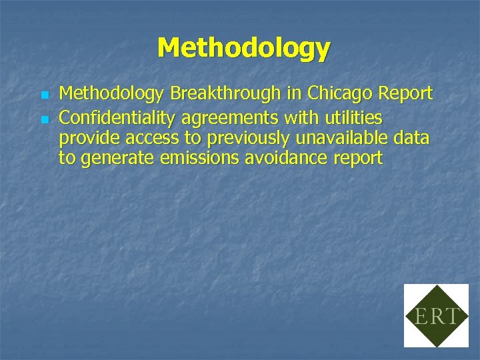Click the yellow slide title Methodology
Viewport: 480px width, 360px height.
pyautogui.click(x=243, y=49)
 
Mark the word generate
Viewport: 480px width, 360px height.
pyautogui.click(x=115, y=159)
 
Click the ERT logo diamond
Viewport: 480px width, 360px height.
pyautogui.click(x=436, y=315)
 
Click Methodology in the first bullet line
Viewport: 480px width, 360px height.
pyautogui.click(x=111, y=94)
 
